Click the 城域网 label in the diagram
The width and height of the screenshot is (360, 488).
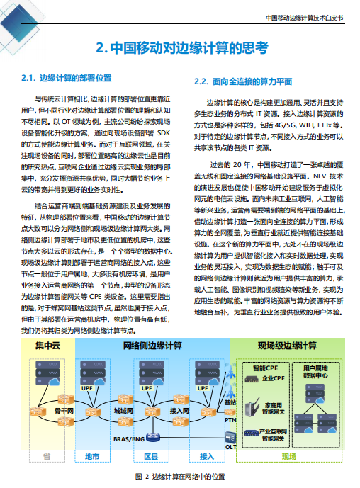(124, 410)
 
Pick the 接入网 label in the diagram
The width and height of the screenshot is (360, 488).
(180, 410)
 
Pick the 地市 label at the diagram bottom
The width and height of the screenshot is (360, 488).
(92, 457)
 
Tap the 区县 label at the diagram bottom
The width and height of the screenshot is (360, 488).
(150, 457)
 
